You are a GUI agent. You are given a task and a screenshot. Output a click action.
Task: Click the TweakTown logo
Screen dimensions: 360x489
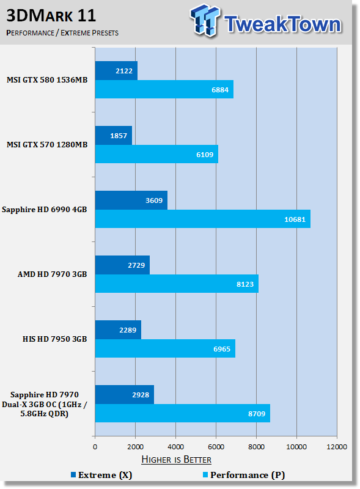(266, 21)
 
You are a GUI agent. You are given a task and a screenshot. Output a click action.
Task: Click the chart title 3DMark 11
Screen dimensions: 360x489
(51, 16)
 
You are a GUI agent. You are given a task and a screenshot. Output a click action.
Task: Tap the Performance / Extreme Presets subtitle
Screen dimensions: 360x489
(62, 33)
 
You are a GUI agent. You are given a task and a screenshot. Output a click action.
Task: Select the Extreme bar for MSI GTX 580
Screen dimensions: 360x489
(116, 71)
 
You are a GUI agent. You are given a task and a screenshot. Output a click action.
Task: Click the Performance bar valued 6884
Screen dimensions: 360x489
(164, 89)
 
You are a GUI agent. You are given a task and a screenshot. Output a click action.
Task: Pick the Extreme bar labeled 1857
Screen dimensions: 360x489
(114, 135)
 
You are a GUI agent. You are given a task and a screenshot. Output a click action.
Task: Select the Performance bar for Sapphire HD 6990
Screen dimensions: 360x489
(203, 219)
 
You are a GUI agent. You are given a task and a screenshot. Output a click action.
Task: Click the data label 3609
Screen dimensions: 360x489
(154, 200)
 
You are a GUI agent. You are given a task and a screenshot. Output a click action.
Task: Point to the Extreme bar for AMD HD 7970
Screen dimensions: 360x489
(122, 265)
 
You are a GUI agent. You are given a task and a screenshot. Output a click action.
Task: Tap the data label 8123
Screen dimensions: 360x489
(245, 284)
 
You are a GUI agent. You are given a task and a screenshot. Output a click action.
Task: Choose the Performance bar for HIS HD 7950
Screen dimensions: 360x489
(165, 348)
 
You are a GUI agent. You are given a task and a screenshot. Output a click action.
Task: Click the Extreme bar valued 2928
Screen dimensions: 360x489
(125, 394)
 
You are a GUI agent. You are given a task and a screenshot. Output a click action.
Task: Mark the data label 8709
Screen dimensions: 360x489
(257, 414)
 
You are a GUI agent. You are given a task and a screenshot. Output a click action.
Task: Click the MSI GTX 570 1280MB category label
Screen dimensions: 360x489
(47, 145)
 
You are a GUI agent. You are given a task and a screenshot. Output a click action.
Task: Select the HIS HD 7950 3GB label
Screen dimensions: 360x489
(54, 339)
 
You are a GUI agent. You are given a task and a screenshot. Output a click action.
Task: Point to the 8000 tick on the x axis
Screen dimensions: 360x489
(257, 447)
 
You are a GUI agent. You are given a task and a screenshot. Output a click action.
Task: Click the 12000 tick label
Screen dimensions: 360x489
(337, 447)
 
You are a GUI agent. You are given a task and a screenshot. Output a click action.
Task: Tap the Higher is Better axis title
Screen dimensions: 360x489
(176, 460)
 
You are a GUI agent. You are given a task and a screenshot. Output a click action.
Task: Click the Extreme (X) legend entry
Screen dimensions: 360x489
(101, 475)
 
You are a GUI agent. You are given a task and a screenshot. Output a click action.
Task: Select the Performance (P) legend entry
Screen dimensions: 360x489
(244, 475)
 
